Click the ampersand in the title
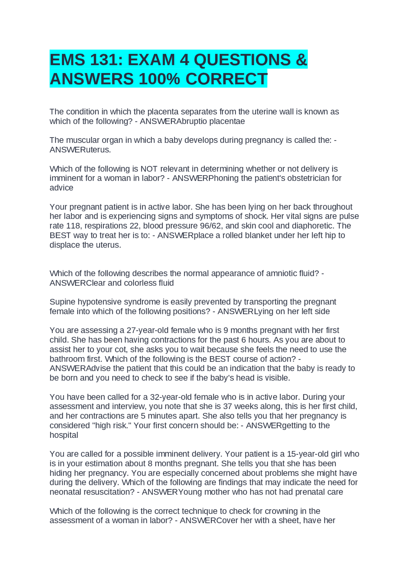point(301,60)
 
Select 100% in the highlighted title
point(159,79)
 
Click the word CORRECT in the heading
point(226,79)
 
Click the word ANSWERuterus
point(80,150)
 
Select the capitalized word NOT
point(149,169)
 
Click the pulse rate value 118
point(73,226)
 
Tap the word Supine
point(62,302)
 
